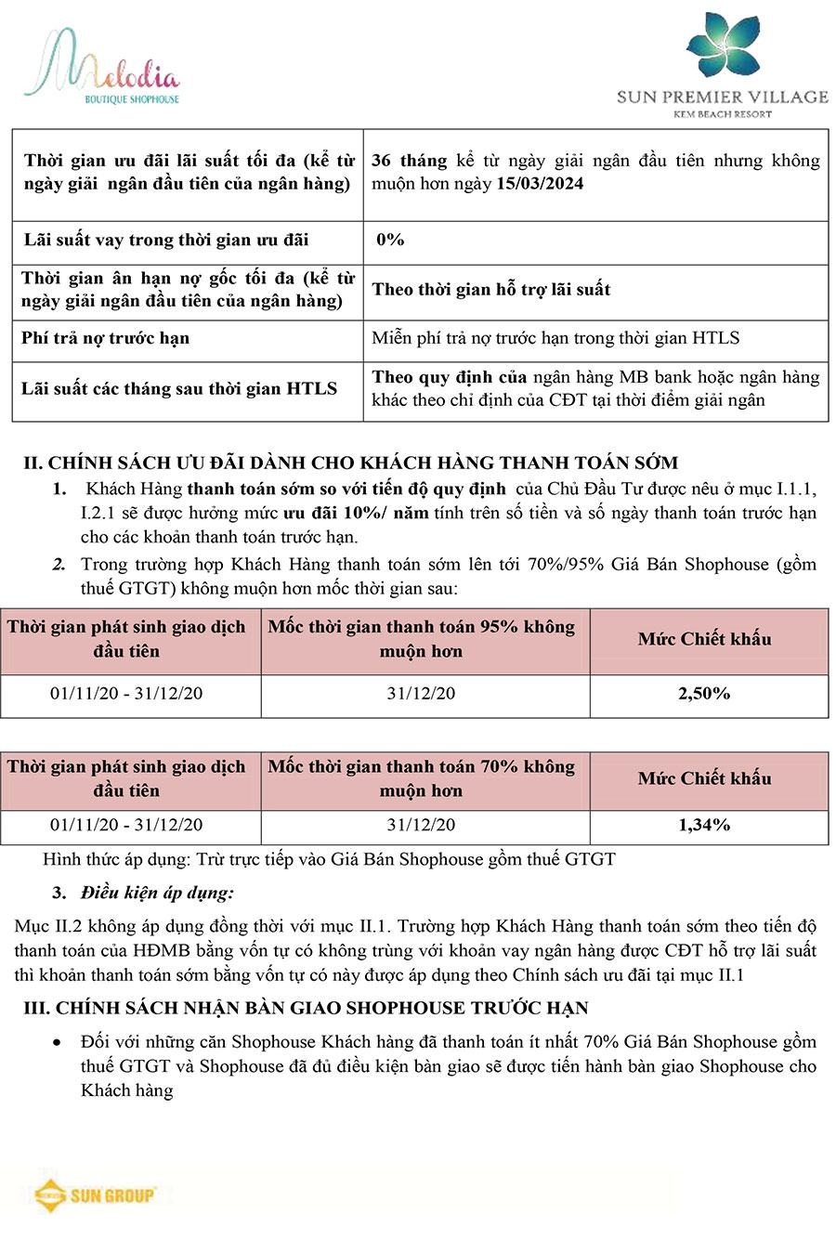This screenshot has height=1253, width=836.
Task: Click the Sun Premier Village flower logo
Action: [x=724, y=47]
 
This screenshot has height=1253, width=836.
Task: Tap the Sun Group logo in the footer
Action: [x=94, y=1194]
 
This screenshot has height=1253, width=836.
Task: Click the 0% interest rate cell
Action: [x=390, y=240]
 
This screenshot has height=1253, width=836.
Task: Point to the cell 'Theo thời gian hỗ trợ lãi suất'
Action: [x=491, y=290]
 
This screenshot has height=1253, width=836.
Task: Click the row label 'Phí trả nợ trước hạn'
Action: [x=106, y=338]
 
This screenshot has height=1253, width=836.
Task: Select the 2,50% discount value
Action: [x=704, y=693]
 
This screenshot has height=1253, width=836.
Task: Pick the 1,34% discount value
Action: [x=704, y=825]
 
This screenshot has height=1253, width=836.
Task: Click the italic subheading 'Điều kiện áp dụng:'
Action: [x=157, y=893]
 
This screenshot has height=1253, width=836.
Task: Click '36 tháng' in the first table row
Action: [x=409, y=161]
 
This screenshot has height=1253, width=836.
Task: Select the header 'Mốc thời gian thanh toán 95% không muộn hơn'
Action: [x=422, y=639]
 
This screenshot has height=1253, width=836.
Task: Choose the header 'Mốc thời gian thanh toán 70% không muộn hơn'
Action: [x=422, y=778]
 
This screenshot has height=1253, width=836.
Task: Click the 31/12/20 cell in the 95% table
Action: [x=422, y=694]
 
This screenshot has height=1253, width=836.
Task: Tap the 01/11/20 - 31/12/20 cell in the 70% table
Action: [x=126, y=825]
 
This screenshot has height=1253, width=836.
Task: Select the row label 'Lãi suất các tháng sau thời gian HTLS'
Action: [x=179, y=388]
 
